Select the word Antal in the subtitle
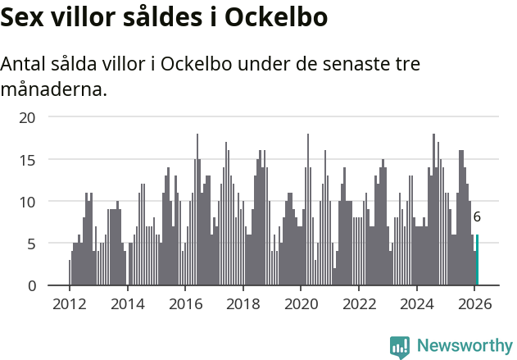pyautogui.click(x=25, y=64)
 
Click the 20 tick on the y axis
pyautogui.click(x=28, y=117)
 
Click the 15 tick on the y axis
pyautogui.click(x=28, y=159)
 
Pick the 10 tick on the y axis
pyautogui.click(x=28, y=202)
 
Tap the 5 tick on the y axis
pyautogui.click(x=32, y=244)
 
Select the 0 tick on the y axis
pyautogui.click(x=32, y=286)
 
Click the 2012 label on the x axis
pyautogui.click(x=69, y=304)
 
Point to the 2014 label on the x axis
pyautogui.click(x=127, y=304)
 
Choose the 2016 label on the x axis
pyautogui.click(x=185, y=304)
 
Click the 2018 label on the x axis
pyautogui.click(x=243, y=304)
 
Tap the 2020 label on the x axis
pyautogui.click(x=301, y=304)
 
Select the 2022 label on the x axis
pyautogui.click(x=359, y=304)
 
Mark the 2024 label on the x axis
pyautogui.click(x=417, y=304)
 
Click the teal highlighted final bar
pyautogui.click(x=477, y=261)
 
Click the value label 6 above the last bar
pyautogui.click(x=477, y=217)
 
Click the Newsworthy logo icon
pyautogui.click(x=400, y=347)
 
